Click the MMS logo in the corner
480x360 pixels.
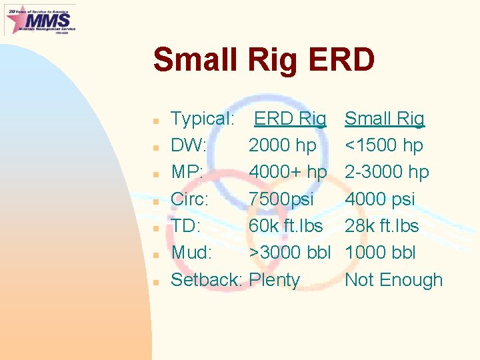pos(40,19)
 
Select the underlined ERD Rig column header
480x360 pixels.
pos(290,119)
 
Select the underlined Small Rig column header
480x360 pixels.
pos(384,119)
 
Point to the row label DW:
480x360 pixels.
pos(189,145)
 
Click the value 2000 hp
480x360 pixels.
pos(282,145)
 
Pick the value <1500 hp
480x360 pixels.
pos(383,145)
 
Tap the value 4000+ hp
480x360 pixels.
pos(287,172)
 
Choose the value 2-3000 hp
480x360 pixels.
pos(387,172)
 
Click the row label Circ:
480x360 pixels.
pos(190,199)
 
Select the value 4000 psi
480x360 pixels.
pos(379,199)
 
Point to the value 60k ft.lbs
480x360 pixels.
pos(285,226)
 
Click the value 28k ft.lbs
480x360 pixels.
pos(381,226)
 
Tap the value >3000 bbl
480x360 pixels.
pos(290,253)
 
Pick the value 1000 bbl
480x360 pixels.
pos(380,253)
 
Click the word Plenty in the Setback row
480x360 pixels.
pos(274,280)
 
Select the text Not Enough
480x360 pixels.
pos(393,280)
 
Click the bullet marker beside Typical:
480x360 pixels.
pos(155,121)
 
